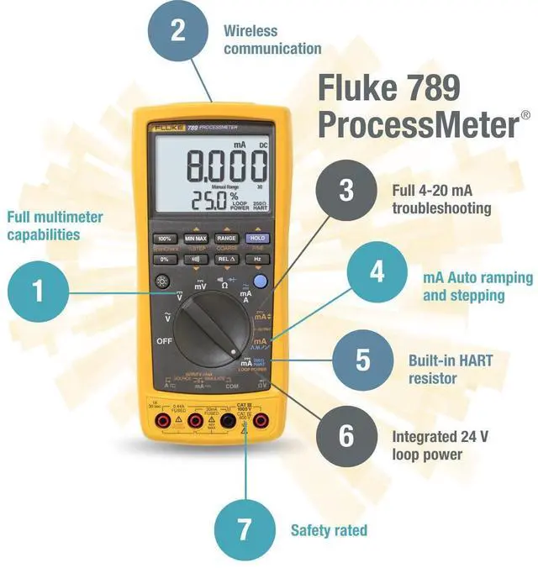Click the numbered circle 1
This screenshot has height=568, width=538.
[37, 292]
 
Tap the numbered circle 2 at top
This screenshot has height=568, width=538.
[177, 32]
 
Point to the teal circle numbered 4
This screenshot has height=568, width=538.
[377, 274]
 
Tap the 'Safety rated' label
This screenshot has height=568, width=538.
[329, 531]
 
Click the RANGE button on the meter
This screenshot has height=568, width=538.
[225, 239]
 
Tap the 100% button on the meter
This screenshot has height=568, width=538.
[165, 239]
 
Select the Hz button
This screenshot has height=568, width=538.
[256, 259]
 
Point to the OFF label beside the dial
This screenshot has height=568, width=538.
[164, 341]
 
